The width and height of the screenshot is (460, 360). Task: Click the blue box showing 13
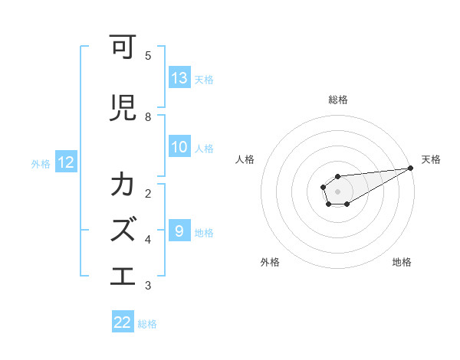click(179, 78)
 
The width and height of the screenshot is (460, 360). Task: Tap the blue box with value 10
click(179, 148)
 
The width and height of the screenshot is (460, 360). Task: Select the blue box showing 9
click(179, 231)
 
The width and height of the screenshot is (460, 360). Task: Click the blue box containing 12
click(66, 162)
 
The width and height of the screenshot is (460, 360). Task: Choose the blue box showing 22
click(123, 322)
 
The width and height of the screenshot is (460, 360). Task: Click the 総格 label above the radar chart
click(338, 100)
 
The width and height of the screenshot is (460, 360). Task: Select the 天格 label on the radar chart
click(431, 159)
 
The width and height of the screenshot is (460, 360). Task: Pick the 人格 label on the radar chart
click(245, 159)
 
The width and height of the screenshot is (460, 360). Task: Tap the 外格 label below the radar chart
click(270, 262)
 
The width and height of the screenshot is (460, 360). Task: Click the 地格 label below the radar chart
click(402, 262)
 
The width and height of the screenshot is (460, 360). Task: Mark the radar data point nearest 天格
click(411, 169)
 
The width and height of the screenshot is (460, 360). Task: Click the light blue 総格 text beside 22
click(147, 324)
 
